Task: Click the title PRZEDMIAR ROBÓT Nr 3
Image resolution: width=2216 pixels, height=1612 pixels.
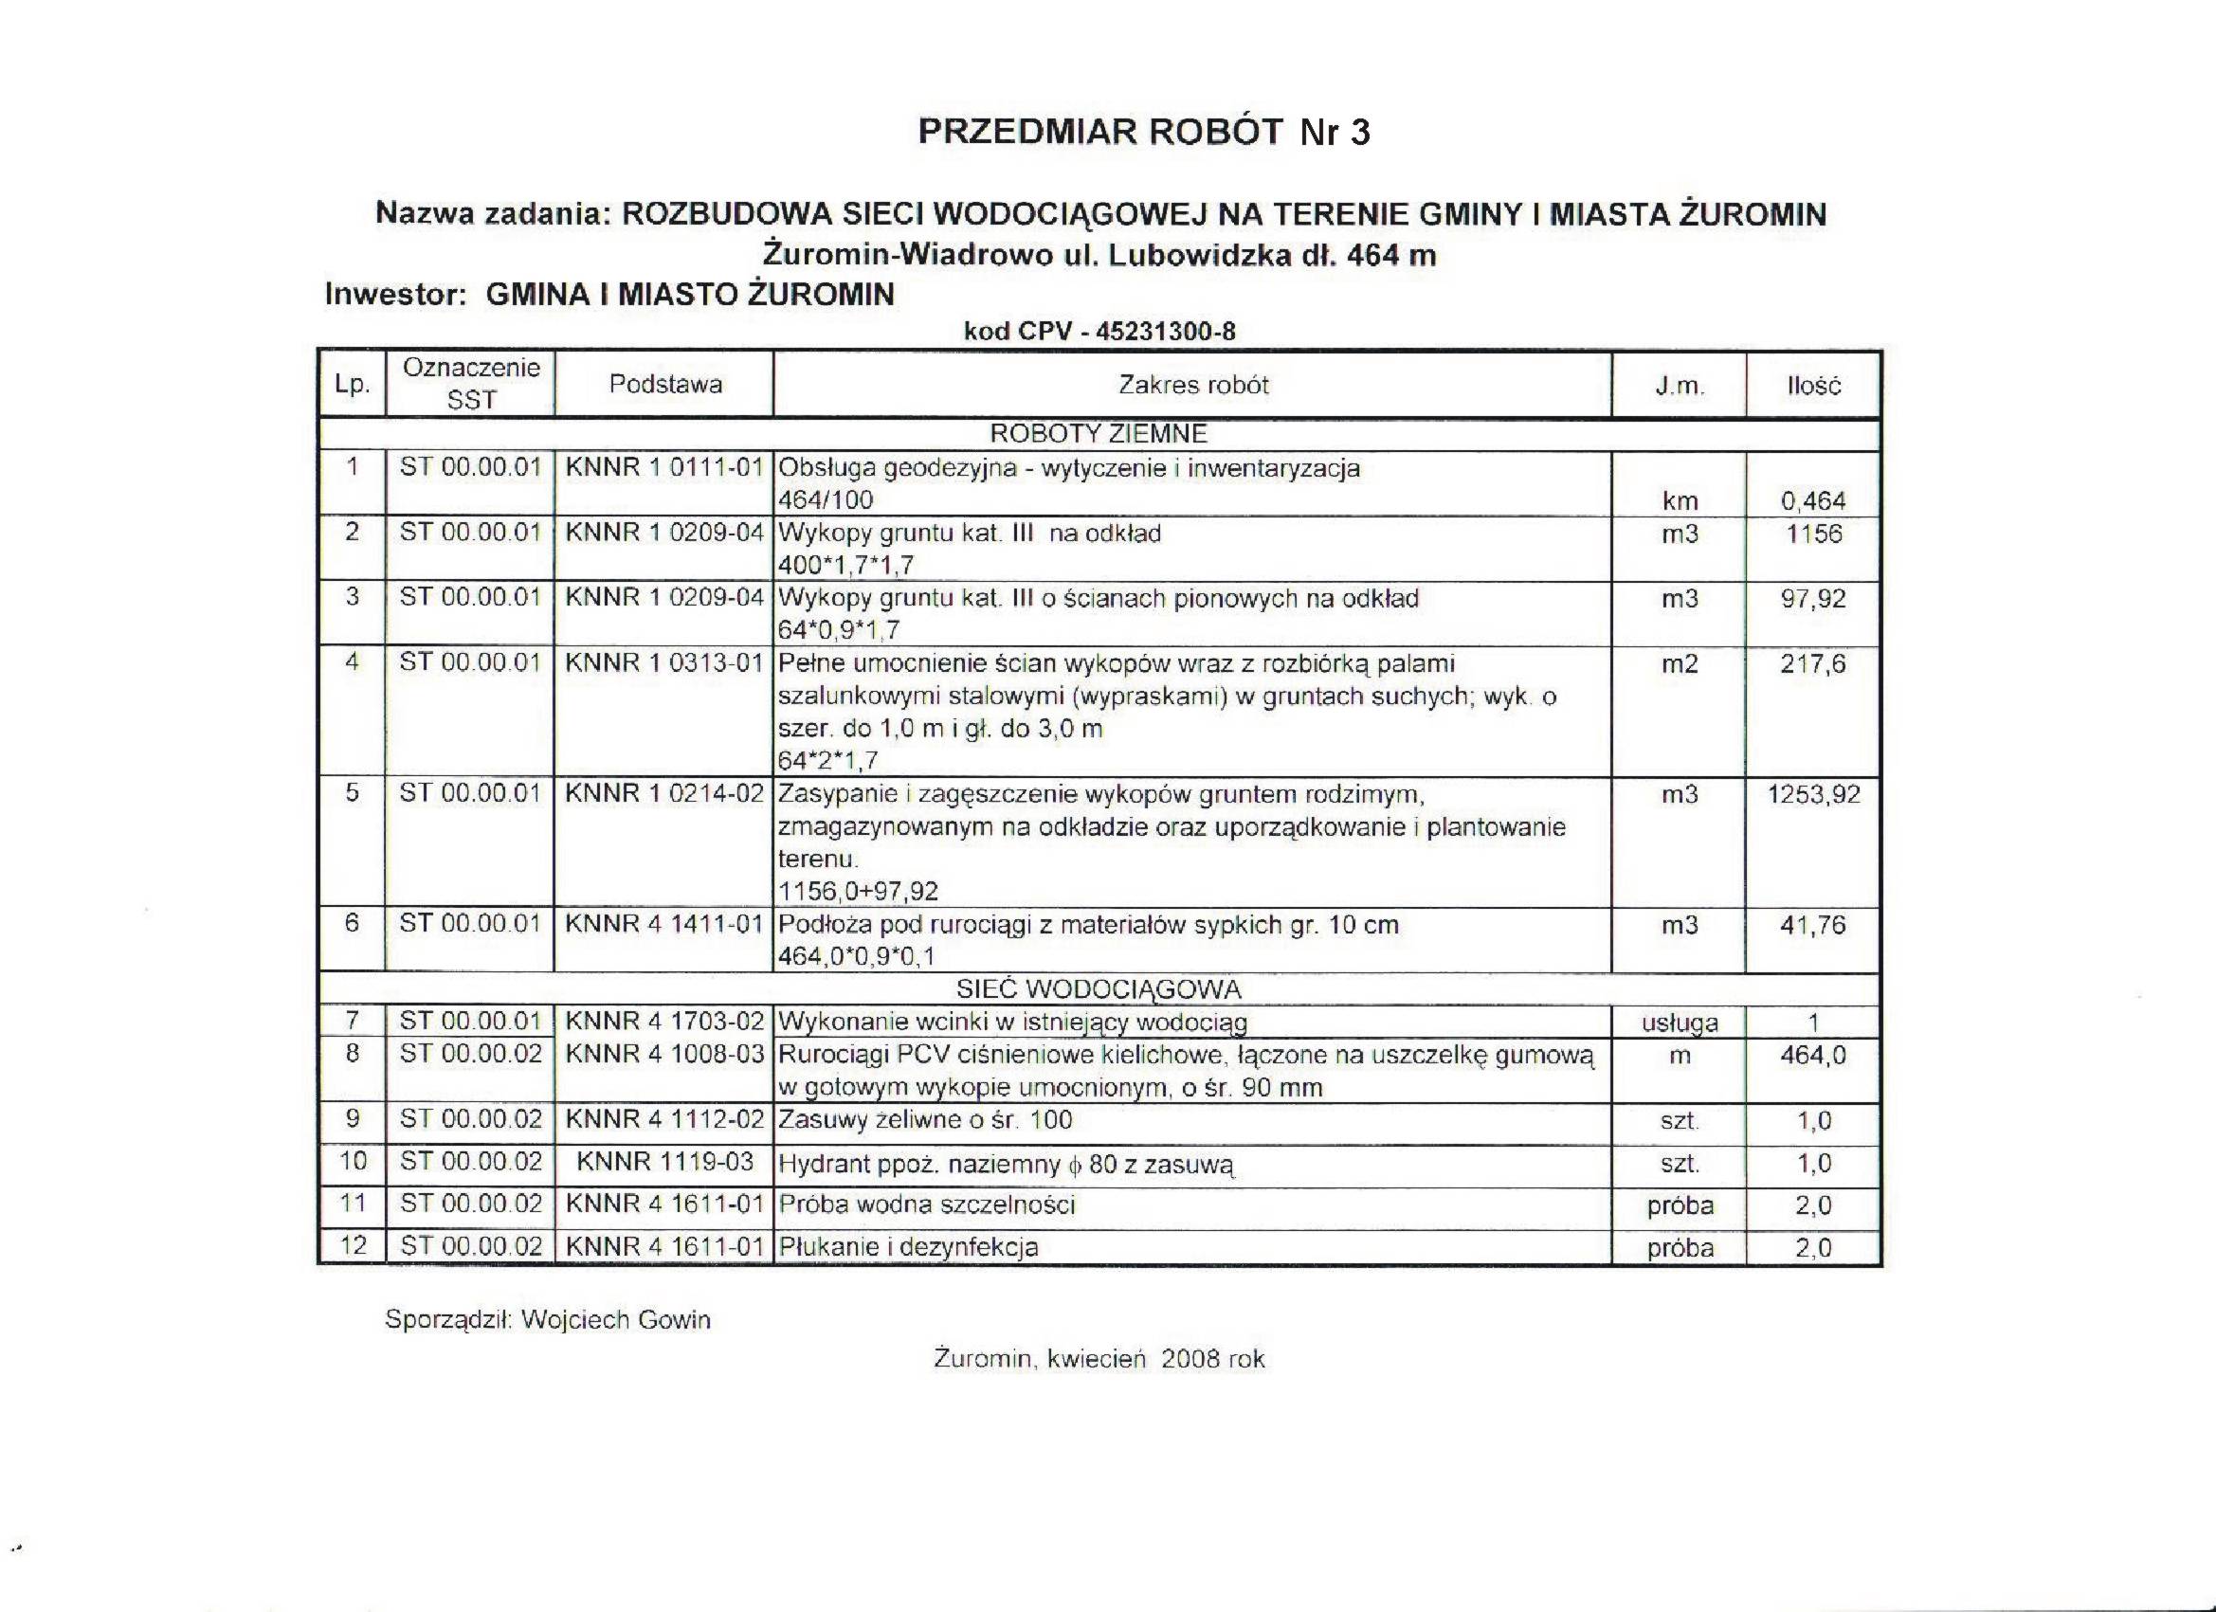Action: [1144, 132]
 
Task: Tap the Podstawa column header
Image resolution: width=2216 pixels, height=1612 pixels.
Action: [665, 384]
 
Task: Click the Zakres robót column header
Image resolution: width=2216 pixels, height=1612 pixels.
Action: [1193, 385]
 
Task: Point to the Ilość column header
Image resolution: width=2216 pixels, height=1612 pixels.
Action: [1813, 386]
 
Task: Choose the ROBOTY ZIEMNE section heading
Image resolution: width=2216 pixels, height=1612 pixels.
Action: [1099, 434]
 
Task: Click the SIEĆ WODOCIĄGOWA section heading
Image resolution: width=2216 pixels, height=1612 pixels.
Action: [1099, 989]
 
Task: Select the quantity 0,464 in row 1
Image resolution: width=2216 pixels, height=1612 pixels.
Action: [1813, 501]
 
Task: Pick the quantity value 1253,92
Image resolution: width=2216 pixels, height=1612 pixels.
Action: [1813, 794]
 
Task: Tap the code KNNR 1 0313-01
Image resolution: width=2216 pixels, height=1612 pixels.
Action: [664, 663]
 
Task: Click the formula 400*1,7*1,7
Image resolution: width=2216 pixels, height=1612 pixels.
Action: [846, 565]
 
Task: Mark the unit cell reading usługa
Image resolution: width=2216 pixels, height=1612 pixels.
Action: [1680, 1023]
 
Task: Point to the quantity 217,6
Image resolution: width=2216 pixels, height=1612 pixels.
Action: [1813, 664]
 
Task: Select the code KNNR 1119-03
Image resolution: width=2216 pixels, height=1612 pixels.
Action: [664, 1162]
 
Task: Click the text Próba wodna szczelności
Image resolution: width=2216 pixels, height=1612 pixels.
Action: [926, 1204]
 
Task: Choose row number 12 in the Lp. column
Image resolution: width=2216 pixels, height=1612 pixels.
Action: [353, 1245]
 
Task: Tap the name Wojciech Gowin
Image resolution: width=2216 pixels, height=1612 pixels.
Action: [615, 1320]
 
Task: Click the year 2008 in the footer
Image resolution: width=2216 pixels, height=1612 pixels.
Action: [1191, 1359]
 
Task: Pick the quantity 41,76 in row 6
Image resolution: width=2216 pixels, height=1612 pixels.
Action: [1813, 925]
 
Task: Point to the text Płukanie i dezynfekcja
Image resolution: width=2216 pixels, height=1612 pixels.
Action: [908, 1246]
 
